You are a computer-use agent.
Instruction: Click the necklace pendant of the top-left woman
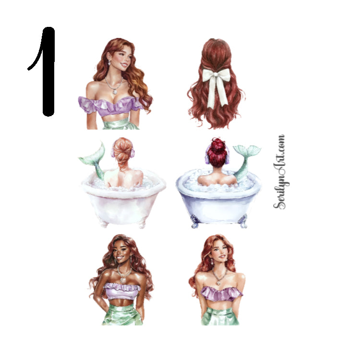[x=114, y=92]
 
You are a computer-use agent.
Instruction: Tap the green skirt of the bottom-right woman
[x=221, y=317]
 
